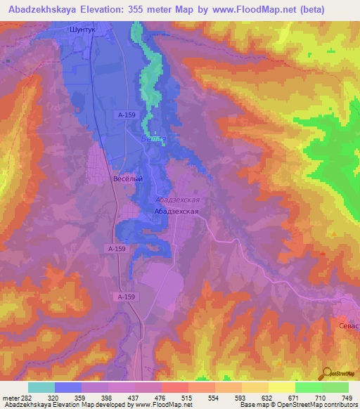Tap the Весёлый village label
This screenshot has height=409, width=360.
[128, 178]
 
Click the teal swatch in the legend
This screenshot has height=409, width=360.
[41, 387]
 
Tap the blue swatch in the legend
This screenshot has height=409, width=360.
[68, 387]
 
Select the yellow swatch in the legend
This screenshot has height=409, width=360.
[281, 387]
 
